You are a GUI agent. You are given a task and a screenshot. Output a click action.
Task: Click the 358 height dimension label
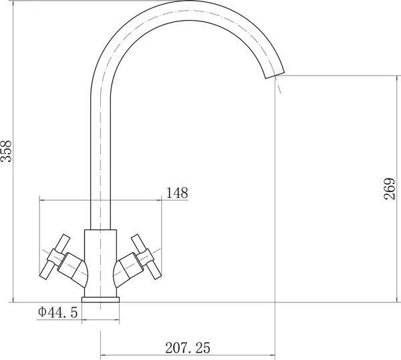tap(6, 151)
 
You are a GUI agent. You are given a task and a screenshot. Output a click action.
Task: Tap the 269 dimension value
tap(390, 189)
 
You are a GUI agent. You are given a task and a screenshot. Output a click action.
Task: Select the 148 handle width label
tap(177, 193)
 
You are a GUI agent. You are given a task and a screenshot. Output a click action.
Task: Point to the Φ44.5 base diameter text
tap(57, 312)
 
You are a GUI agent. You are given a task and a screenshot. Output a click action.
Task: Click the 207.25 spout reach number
tap(187, 348)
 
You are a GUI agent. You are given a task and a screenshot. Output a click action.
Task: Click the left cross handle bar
tap(55, 256)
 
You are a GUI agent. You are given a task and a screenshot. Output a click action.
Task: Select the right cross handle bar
tap(146, 257)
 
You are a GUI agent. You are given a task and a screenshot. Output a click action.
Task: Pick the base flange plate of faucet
tap(100, 300)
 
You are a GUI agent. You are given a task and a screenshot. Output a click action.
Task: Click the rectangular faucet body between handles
tap(100, 263)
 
